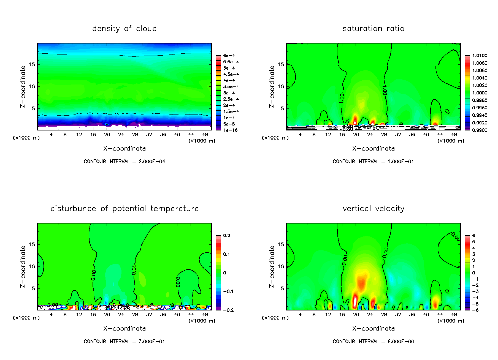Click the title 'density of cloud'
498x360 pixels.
(x=124, y=29)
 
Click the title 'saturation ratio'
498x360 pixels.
(x=373, y=29)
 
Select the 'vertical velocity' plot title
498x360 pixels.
(x=373, y=209)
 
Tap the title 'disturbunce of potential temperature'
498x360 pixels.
(x=124, y=209)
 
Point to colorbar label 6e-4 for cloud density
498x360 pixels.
(x=229, y=56)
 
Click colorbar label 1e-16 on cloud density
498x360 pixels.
(x=230, y=130)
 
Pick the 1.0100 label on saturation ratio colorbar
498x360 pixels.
(x=480, y=56)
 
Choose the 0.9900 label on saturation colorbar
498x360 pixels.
(x=480, y=130)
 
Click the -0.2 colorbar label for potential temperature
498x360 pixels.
(x=228, y=310)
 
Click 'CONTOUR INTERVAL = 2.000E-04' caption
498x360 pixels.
(x=124, y=162)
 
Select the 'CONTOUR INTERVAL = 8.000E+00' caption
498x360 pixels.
(x=373, y=342)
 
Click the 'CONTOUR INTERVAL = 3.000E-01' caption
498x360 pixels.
(x=124, y=342)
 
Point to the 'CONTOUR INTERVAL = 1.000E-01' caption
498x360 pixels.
(x=373, y=162)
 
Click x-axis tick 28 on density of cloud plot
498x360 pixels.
(x=135, y=135)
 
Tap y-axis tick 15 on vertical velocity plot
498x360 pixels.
(x=281, y=245)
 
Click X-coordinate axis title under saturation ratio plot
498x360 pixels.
(x=373, y=149)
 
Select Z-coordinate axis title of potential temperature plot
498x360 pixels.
(x=23, y=266)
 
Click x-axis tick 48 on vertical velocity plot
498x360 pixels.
(x=454, y=315)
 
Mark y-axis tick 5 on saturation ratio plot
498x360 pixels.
(x=282, y=109)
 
